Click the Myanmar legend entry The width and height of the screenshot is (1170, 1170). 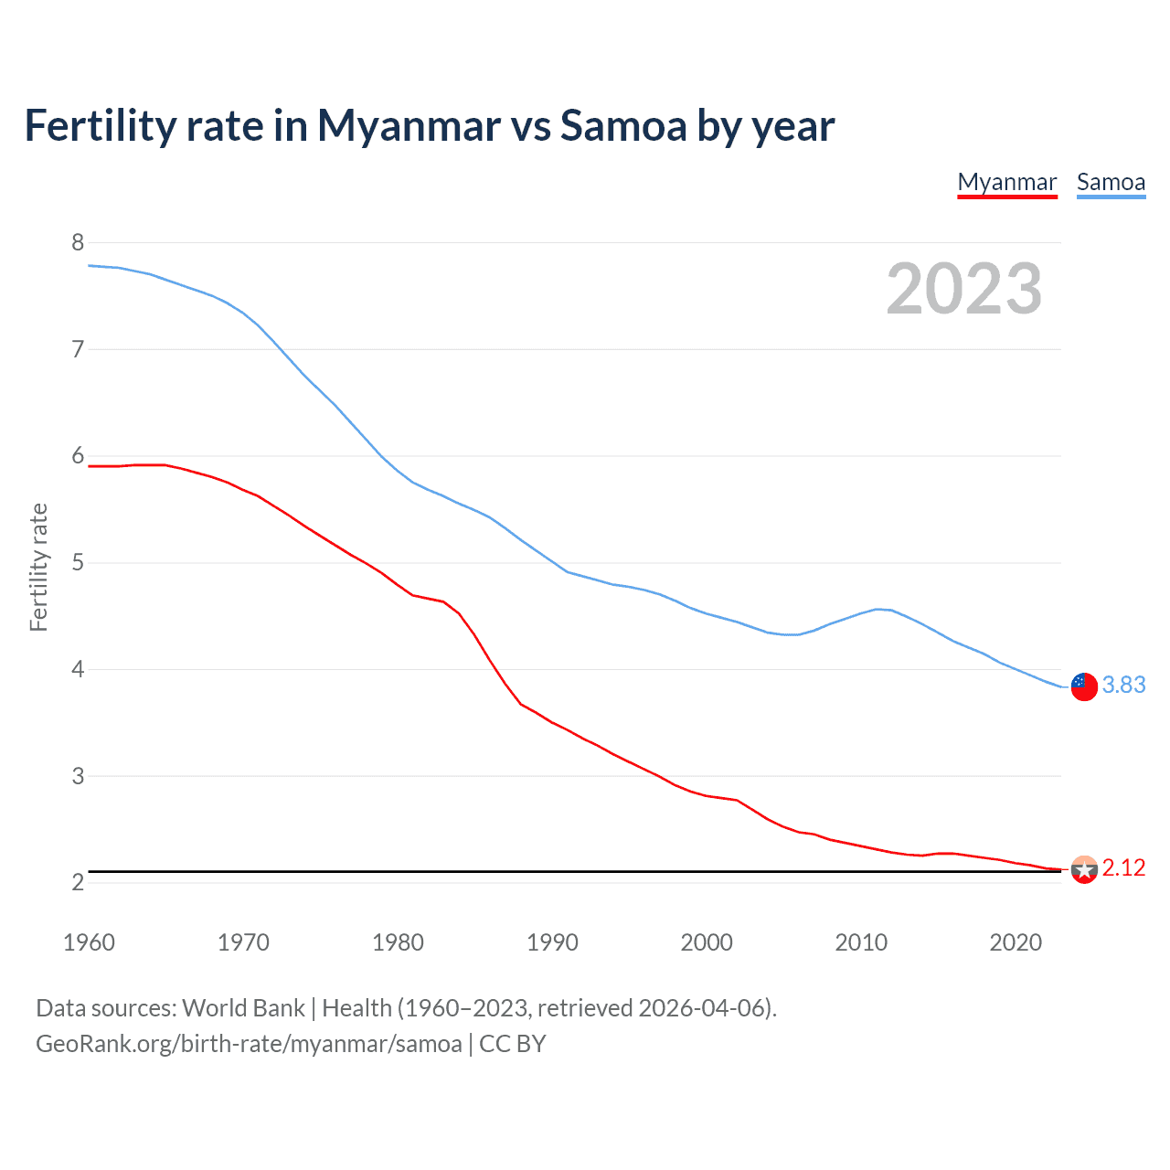coord(1006,182)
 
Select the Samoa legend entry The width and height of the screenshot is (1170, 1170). coord(1111,182)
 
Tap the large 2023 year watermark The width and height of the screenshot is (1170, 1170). coord(963,289)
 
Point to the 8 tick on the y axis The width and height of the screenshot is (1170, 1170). coord(78,242)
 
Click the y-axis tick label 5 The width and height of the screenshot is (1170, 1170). coord(78,562)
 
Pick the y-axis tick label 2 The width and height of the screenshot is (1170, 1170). coord(78,882)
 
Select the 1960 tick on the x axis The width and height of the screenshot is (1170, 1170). coord(89,942)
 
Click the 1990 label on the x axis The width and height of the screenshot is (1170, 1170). coord(552,942)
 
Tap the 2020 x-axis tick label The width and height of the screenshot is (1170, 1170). coord(1016,942)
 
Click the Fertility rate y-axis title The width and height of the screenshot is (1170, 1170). coord(38,567)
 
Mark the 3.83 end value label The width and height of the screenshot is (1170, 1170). coord(1123,685)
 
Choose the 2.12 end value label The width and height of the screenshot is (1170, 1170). coord(1123,867)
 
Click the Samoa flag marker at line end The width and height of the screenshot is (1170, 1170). coord(1084,686)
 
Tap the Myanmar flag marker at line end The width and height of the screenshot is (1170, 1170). coord(1084,869)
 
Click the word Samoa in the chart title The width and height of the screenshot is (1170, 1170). coord(622,126)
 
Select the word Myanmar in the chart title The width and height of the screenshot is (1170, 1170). coord(409,126)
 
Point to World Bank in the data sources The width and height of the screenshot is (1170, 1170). coord(243,1008)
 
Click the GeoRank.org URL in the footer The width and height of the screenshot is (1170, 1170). coord(249,1044)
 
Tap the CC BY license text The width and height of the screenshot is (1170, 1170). coord(512,1044)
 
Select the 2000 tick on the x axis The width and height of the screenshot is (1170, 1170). coord(707,942)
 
